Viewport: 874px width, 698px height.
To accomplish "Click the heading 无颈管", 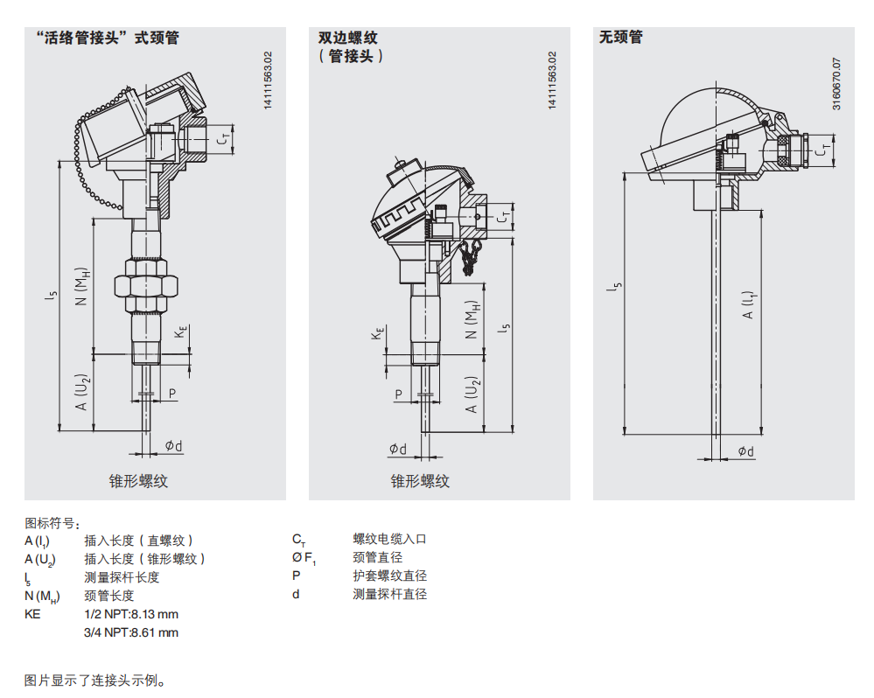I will [620, 38].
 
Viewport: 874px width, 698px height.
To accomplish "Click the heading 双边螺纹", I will [347, 38].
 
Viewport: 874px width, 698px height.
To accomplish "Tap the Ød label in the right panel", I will [745, 450].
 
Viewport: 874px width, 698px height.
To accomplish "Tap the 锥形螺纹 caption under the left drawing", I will [138, 481].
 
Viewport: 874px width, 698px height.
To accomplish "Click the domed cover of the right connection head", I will [700, 114].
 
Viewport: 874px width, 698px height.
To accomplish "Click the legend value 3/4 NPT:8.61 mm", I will [130, 632].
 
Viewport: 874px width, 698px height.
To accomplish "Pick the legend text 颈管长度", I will [108, 596].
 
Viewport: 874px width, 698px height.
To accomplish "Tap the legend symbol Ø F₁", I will [303, 558].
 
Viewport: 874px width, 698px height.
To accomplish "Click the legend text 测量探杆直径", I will [389, 595].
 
